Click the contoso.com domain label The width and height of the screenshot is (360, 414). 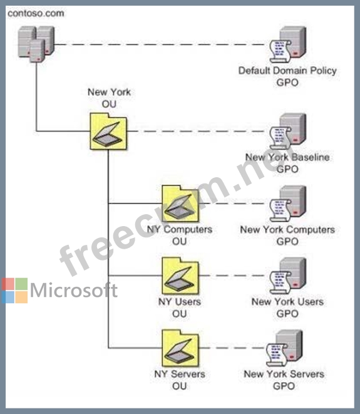[36, 13]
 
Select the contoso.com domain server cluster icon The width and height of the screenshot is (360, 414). [36, 44]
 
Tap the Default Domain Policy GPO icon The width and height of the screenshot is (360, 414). [287, 44]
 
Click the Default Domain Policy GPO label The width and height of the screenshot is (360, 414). [287, 76]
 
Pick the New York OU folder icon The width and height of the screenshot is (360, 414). [108, 132]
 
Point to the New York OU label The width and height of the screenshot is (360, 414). [109, 98]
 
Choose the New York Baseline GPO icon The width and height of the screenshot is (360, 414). [287, 132]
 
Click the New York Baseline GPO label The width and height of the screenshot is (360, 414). [287, 163]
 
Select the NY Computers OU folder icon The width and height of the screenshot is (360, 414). [180, 204]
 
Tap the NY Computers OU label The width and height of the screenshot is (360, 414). [180, 235]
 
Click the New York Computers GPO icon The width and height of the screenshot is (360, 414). [287, 204]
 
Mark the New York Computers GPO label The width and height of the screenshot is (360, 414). [287, 235]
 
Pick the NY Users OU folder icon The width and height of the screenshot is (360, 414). [180, 276]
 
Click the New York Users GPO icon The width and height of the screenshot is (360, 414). [287, 276]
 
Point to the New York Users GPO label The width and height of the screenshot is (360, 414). [287, 308]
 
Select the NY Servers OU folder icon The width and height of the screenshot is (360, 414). [180, 348]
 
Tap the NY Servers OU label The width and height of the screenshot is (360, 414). [180, 380]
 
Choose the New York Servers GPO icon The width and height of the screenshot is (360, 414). [284, 348]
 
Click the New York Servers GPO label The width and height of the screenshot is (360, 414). [284, 380]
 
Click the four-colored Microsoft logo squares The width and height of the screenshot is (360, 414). [14, 291]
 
